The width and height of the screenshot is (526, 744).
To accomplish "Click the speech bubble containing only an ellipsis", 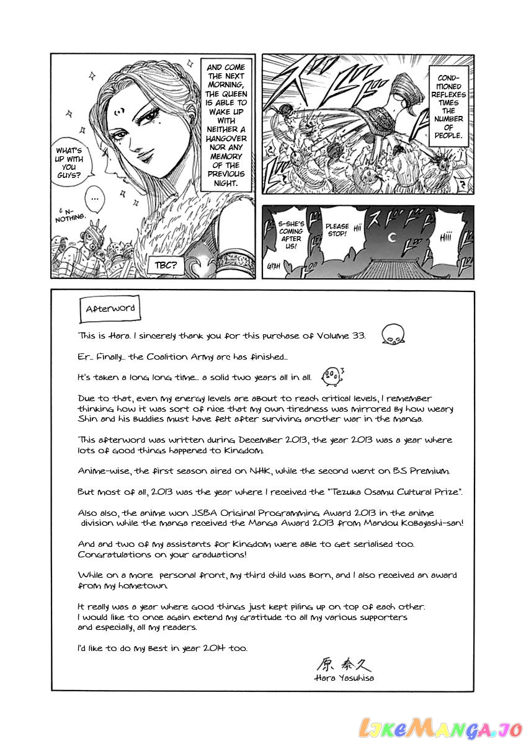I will (94, 198).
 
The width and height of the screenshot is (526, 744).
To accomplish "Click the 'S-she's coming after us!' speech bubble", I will (291, 234).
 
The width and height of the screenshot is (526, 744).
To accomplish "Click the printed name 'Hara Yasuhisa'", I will (344, 678).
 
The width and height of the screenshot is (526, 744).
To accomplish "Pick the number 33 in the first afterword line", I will (358, 336).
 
